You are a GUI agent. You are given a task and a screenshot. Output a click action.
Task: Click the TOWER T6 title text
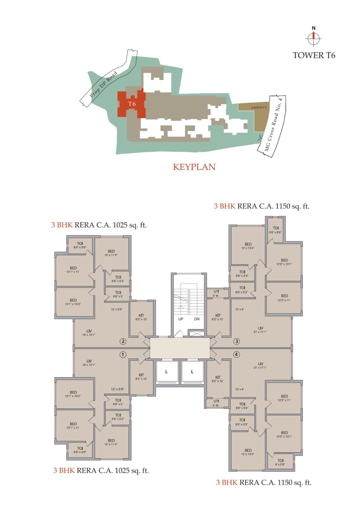pyautogui.click(x=314, y=55)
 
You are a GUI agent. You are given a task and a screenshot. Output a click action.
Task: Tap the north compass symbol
pyautogui.click(x=313, y=38)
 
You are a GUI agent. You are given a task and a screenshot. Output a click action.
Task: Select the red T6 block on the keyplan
pyautogui.click(x=132, y=104)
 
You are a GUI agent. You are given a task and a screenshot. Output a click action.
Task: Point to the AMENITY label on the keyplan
pyautogui.click(x=259, y=107)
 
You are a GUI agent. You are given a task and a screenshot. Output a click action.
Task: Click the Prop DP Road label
pyautogui.click(x=103, y=84)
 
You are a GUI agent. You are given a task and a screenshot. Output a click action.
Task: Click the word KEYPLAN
pyautogui.click(x=194, y=167)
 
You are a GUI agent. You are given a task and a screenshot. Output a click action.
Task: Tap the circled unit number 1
pyautogui.click(x=123, y=355)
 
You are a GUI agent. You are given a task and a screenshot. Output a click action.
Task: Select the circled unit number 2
pyautogui.click(x=123, y=341)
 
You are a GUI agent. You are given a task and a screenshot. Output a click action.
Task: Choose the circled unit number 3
pyautogui.click(x=236, y=341)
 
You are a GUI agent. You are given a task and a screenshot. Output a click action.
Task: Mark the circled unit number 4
pyautogui.click(x=236, y=354)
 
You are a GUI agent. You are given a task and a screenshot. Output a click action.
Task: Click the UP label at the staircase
pyautogui.click(x=181, y=319)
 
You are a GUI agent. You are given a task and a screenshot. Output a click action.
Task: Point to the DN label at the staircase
pyautogui.click(x=197, y=319)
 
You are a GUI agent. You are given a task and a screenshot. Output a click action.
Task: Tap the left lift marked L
pyautogui.click(x=166, y=372)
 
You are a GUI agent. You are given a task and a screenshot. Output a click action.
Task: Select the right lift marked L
pyautogui.click(x=192, y=372)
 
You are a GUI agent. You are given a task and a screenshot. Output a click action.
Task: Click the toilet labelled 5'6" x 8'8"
pyautogui.click(x=276, y=230)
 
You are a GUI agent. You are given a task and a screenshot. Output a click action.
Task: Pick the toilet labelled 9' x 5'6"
pyautogui.click(x=280, y=462)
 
